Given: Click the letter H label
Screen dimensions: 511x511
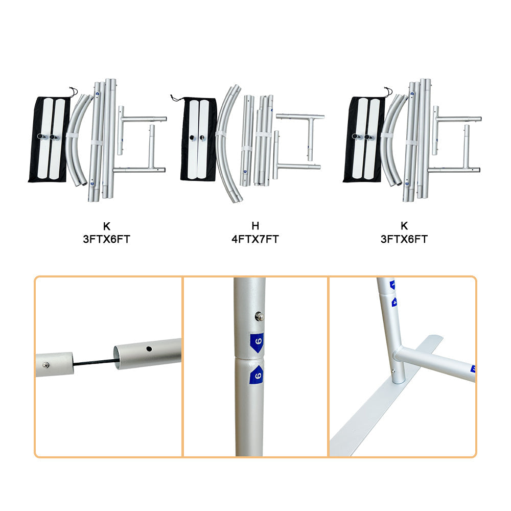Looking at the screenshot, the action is click(255, 225).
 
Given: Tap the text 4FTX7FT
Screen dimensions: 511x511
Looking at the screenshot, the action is click(255, 239).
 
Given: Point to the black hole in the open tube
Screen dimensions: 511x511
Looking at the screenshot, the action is click(149, 349).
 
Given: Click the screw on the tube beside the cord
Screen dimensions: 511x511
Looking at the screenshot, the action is click(46, 365).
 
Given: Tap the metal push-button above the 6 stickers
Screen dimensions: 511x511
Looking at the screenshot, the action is click(260, 316).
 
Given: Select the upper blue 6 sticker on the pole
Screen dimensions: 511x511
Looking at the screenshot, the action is click(257, 342).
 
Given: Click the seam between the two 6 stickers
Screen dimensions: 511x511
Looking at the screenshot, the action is click(249, 359).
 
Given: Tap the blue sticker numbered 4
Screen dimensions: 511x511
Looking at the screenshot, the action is click(394, 302).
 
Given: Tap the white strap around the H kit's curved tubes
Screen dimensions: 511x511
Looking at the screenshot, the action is click(221, 134).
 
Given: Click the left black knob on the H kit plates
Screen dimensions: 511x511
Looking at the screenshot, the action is click(192, 138).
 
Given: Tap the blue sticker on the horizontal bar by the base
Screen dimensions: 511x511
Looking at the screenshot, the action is click(473, 369).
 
